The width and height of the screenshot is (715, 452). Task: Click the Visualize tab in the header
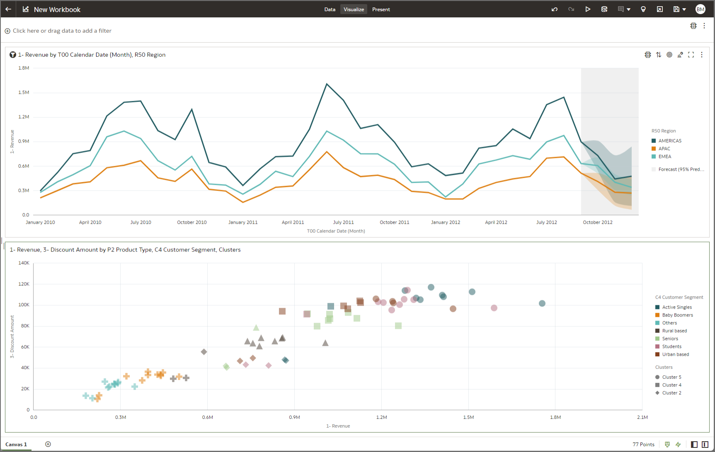[354, 9]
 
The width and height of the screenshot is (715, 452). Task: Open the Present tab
[381, 9]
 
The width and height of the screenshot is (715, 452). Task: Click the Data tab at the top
[330, 9]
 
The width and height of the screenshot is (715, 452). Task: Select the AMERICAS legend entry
[669, 141]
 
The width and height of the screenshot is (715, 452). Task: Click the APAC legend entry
[664, 149]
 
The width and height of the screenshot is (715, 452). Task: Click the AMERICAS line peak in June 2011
[327, 84]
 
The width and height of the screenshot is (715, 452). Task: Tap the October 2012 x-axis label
[597, 222]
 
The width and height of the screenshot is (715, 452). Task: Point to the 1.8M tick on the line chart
[24, 68]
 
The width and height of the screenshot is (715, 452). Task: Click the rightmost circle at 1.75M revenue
[542, 304]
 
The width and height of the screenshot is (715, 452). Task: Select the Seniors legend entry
[670, 339]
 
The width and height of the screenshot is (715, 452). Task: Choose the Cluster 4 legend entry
[671, 385]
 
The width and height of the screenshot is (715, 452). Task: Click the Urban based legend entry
[675, 355]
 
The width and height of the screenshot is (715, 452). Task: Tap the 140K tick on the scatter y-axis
[24, 263]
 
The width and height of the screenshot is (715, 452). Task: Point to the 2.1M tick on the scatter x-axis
[642, 417]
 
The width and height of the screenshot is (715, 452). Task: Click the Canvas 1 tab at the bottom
[16, 444]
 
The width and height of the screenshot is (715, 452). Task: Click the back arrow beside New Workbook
[8, 9]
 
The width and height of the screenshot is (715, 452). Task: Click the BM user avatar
[700, 9]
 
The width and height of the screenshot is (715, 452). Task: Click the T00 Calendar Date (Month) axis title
[336, 231]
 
